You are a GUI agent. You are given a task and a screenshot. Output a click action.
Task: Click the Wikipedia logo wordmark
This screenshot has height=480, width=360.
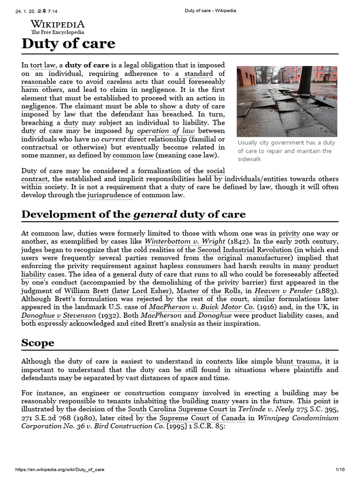point(58,24)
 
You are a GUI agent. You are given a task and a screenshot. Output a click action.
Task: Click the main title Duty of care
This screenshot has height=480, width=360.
point(68,44)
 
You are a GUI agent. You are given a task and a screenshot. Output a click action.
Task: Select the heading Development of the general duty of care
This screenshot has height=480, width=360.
point(133,215)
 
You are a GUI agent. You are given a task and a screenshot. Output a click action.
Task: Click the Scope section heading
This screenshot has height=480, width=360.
point(37,343)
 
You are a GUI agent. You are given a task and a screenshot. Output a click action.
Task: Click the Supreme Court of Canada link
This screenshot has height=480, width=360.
point(202,417)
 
